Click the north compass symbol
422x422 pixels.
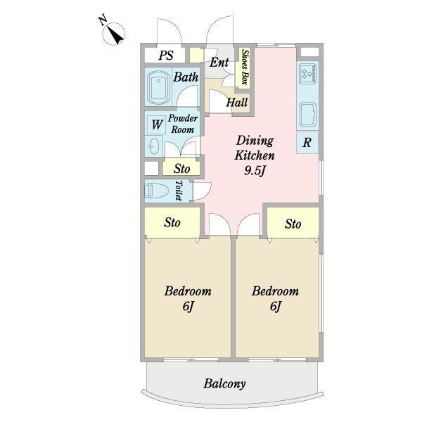113,34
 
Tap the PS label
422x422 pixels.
166,56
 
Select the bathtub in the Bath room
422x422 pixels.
158,87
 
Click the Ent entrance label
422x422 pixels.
219,63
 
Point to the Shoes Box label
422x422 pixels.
244,67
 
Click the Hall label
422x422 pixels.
237,102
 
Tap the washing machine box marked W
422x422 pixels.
156,125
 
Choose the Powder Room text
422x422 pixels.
183,124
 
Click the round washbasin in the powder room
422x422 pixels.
153,146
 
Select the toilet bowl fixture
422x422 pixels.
156,191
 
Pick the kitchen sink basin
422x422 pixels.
308,115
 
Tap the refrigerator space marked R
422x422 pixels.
307,143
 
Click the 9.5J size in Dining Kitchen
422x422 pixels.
255,171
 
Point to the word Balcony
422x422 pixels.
224,384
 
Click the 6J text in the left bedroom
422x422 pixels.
188,306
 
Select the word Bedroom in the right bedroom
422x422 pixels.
275,291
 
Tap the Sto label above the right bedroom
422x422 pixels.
293,224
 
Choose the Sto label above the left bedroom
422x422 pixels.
172,223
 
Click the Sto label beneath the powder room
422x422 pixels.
182,169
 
